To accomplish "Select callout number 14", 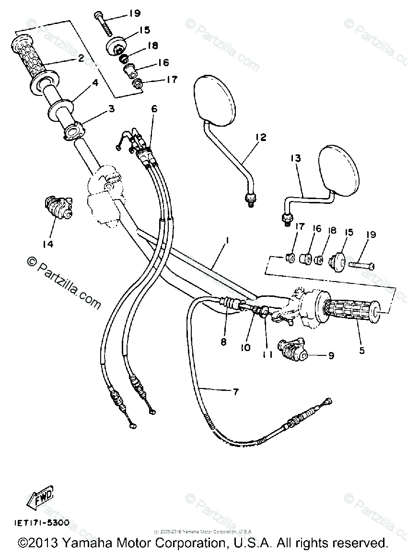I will [x=47, y=244].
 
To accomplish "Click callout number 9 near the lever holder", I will [x=331, y=356].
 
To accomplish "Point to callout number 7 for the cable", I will [x=235, y=392].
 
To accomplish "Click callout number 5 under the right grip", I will [x=361, y=351].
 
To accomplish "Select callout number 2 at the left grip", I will [x=81, y=59].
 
